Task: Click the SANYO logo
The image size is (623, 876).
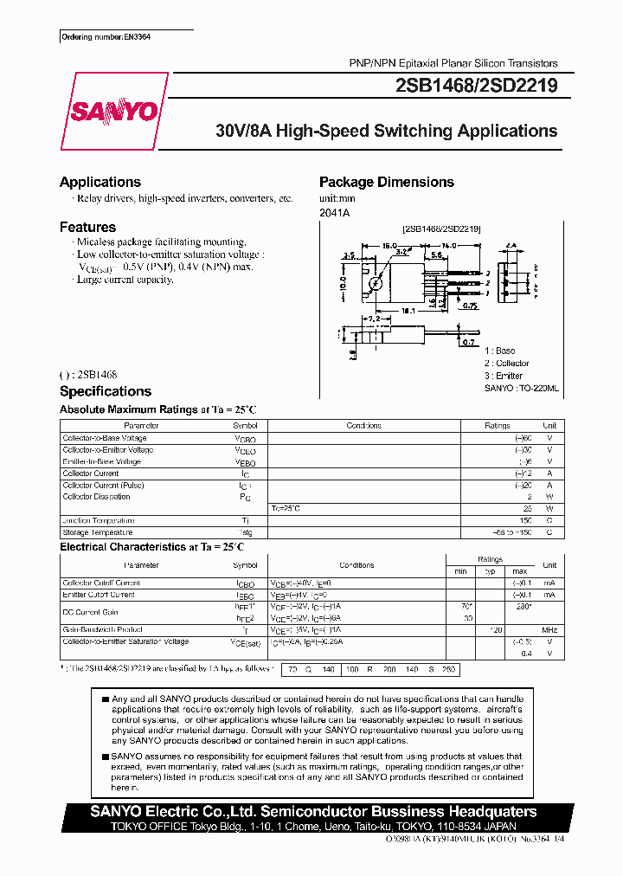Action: (x=114, y=112)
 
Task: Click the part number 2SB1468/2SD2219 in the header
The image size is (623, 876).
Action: (x=476, y=85)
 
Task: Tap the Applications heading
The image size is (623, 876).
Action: (x=100, y=182)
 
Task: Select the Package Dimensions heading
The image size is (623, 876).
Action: (x=386, y=182)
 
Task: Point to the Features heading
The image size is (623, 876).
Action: (x=87, y=227)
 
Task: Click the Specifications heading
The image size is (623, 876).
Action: (x=105, y=391)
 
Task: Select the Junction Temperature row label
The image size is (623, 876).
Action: (x=99, y=520)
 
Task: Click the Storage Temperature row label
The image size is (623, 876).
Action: (x=98, y=532)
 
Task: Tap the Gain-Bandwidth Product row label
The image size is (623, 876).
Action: (x=103, y=629)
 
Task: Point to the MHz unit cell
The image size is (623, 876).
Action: (x=549, y=629)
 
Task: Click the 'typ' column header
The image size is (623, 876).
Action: (x=490, y=571)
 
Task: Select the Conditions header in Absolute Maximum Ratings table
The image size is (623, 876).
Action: (x=363, y=426)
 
